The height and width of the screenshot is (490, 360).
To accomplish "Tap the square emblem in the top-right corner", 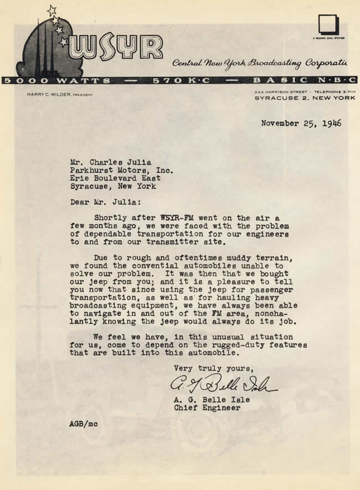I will click(328, 25).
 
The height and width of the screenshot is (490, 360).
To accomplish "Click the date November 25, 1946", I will click(301, 123).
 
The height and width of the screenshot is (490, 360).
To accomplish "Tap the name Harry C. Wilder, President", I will click(60, 95).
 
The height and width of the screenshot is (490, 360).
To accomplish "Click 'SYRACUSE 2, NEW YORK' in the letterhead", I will click(305, 98).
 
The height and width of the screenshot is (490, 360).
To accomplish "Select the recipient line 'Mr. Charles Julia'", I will click(110, 162).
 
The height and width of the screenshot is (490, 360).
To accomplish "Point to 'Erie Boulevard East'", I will click(115, 178).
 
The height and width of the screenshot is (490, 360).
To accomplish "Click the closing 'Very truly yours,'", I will click(213, 368).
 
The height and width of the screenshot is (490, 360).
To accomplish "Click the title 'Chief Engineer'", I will click(207, 408).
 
